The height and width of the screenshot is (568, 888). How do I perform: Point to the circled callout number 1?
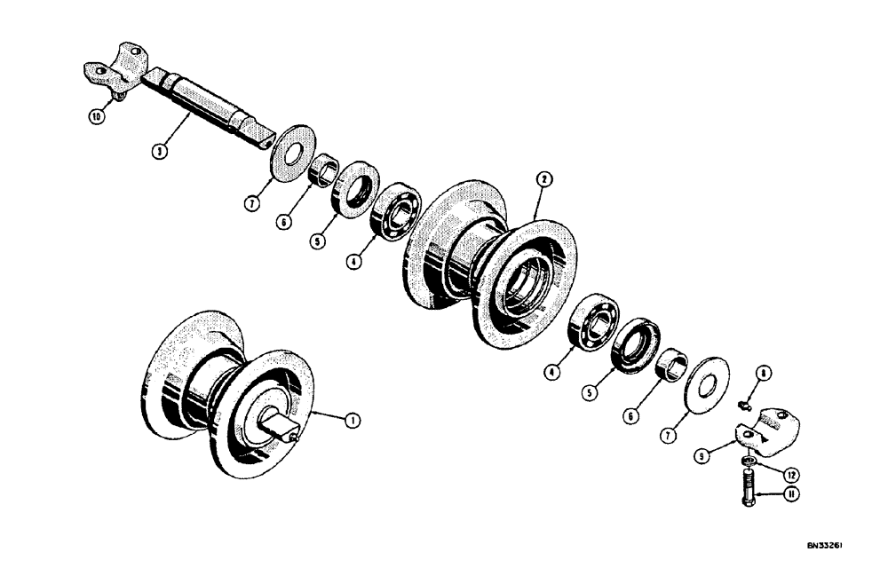(x=353, y=421)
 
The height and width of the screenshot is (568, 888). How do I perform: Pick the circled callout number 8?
(x=765, y=374)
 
